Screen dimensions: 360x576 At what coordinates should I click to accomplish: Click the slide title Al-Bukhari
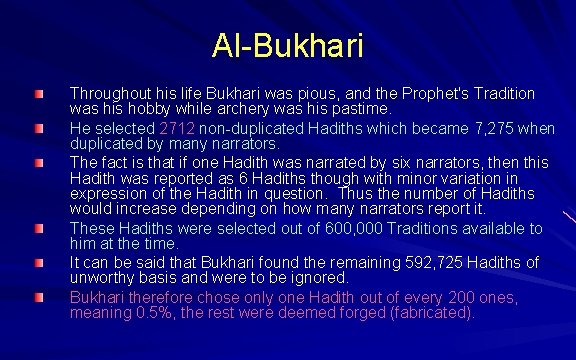[x=288, y=45]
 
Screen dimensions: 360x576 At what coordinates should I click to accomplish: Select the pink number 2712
[x=177, y=128]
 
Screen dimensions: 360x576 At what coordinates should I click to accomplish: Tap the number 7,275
[x=487, y=128]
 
